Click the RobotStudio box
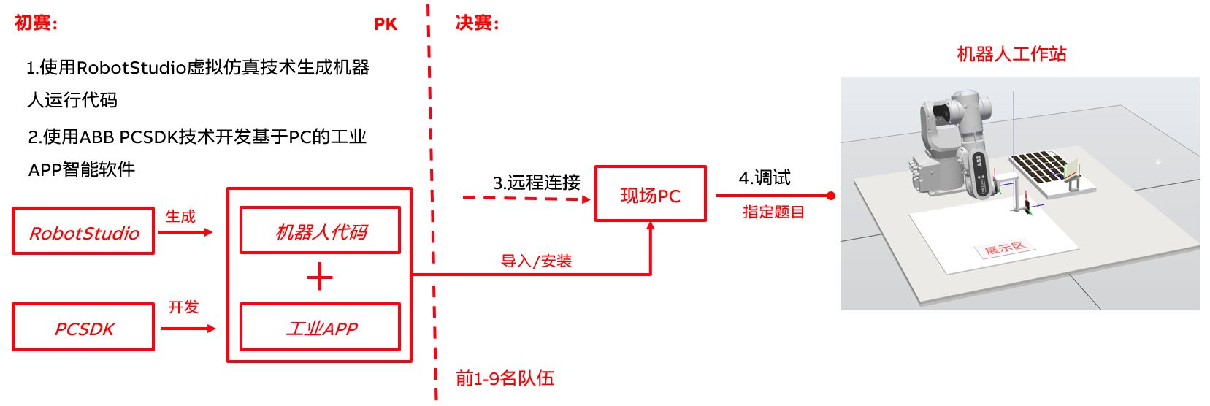tap(83, 231)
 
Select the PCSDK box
tap(83, 328)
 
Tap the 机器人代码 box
tap(320, 231)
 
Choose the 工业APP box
tap(320, 327)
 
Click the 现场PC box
tap(650, 194)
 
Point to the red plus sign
tap(320, 278)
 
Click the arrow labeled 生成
tap(185, 232)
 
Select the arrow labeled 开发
tap(188, 329)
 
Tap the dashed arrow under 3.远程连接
tap(526, 198)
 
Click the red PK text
tap(385, 24)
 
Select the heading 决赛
tap(477, 23)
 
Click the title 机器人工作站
tap(1011, 54)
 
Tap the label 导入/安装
tap(536, 261)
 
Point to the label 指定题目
tap(773, 212)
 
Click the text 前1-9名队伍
tap(505, 378)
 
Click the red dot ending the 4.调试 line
tap(830, 196)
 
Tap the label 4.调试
tap(764, 177)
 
